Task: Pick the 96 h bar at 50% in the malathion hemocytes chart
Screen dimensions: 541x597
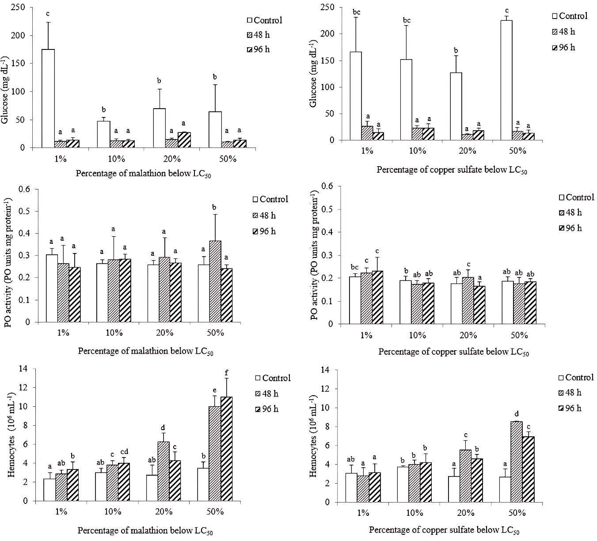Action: click(x=226, y=449)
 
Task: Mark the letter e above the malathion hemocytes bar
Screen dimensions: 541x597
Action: click(x=215, y=390)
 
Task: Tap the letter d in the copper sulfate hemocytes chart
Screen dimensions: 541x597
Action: click(x=517, y=415)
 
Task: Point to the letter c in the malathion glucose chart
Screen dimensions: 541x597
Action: click(x=48, y=13)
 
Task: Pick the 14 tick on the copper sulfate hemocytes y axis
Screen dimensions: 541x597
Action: click(x=325, y=370)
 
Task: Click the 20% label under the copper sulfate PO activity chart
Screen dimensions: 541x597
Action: click(x=468, y=336)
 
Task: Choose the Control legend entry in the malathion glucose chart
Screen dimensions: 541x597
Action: click(x=264, y=20)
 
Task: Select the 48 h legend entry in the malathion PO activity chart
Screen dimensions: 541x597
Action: click(x=264, y=216)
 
